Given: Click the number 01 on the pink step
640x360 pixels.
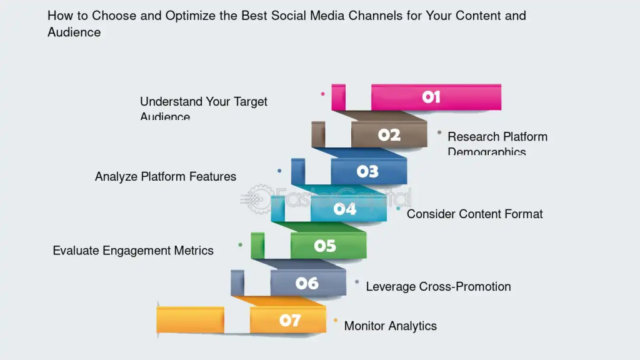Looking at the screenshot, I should (431, 97).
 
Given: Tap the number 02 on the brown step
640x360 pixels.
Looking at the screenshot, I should (389, 135).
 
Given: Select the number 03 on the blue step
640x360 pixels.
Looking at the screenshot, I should (367, 171).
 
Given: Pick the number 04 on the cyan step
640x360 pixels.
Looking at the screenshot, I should (344, 209).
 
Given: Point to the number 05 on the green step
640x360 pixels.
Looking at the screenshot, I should (325, 246).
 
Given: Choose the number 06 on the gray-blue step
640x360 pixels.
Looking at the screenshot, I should (307, 283).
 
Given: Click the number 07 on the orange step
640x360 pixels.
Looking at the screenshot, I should (290, 321).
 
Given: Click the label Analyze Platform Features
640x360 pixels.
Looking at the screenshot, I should (166, 177).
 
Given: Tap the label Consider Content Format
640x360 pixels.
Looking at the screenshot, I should (474, 214).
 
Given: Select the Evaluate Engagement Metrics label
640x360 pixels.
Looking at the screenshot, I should (133, 251).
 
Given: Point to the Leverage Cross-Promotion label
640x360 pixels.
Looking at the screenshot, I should (438, 287).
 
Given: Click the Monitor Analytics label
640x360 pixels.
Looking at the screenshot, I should (390, 326).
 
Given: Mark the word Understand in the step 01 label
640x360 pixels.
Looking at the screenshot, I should (171, 102).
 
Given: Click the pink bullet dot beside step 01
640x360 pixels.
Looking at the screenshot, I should (322, 94).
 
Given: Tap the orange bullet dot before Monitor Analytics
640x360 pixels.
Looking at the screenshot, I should (335, 321).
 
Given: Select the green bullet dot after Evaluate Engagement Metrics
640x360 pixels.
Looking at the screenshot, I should (240, 245).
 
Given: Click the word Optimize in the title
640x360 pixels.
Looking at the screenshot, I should (188, 16).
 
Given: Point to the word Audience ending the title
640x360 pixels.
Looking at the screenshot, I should (74, 32).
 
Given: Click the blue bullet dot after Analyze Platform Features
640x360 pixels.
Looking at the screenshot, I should (279, 171).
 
